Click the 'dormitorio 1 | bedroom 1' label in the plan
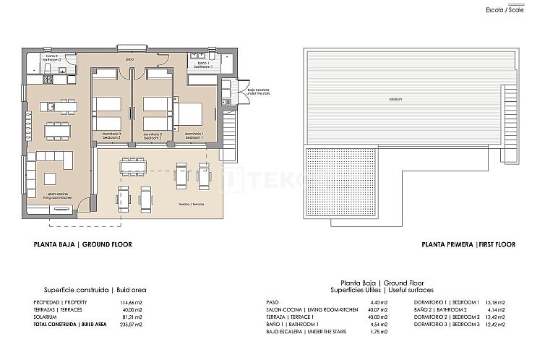[x=194, y=135]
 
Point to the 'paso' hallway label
[x=130, y=59]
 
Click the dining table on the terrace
[x=133, y=166]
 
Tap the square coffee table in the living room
[x=51, y=178]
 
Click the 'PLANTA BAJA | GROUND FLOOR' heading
[x=82, y=244]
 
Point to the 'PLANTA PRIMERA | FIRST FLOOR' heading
[x=468, y=244]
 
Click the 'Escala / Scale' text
[x=505, y=9]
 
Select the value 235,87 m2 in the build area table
[x=132, y=325]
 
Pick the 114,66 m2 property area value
[x=132, y=301]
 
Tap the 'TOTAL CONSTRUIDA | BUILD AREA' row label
[x=70, y=325]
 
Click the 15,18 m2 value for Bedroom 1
[x=495, y=301]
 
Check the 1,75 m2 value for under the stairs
[x=379, y=330]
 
